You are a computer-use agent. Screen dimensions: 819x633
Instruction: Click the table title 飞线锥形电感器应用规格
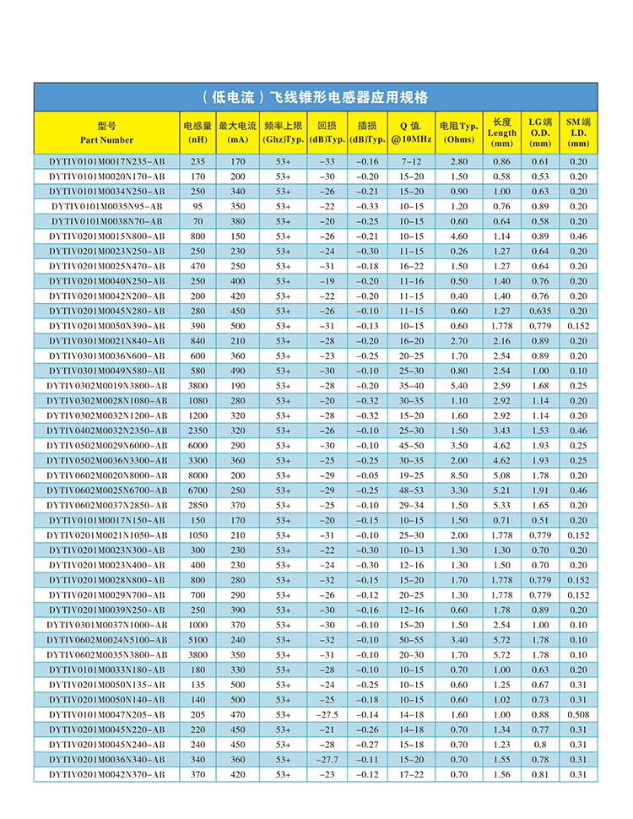[x=316, y=96]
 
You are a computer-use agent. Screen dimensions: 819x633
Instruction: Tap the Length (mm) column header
[x=502, y=133]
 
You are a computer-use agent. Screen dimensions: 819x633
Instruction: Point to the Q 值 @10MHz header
[x=410, y=133]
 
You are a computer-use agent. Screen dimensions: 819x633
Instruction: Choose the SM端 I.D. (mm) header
[x=578, y=133]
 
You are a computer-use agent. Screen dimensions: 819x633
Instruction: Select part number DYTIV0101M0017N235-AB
[x=106, y=161]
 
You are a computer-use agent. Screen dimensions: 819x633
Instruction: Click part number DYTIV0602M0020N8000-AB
[x=106, y=475]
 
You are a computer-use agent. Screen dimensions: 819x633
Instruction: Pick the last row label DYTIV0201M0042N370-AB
[x=106, y=774]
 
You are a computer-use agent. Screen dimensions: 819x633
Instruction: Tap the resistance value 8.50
[x=459, y=475]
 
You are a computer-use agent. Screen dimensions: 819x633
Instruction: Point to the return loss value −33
[x=327, y=161]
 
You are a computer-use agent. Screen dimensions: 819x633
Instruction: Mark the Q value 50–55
[x=412, y=640]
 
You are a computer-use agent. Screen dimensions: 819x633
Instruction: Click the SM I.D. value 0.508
[x=578, y=714]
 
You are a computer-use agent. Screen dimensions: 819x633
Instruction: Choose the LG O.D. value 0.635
[x=540, y=311]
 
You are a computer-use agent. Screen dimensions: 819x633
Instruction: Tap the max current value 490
[x=238, y=371]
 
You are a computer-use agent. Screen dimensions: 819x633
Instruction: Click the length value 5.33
[x=502, y=505]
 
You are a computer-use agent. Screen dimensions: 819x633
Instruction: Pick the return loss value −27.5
[x=327, y=714]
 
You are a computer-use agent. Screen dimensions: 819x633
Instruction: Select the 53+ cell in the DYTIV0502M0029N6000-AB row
[x=283, y=445]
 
